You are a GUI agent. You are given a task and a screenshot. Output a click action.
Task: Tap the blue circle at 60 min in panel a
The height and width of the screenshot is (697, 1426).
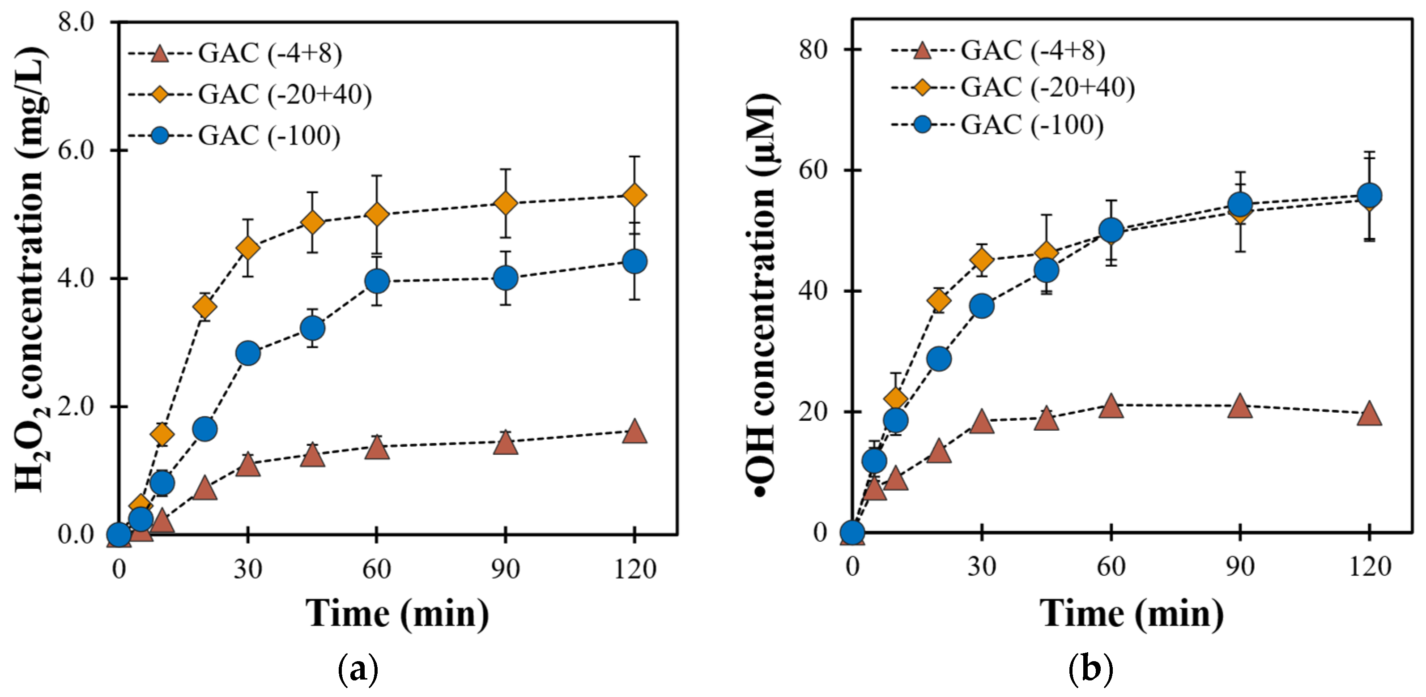[x=377, y=281]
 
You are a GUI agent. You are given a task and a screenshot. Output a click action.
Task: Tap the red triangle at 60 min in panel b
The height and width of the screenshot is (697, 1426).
[x=1111, y=406]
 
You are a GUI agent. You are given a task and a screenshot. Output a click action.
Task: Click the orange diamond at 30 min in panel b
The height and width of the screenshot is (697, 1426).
[x=982, y=259]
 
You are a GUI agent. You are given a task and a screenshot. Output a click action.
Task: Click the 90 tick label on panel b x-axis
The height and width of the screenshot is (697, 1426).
[x=1240, y=566]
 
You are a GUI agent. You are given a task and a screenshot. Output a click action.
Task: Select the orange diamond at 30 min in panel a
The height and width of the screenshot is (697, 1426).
[x=247, y=248]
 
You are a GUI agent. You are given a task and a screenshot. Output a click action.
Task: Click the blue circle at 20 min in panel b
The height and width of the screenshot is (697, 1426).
[x=939, y=359]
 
